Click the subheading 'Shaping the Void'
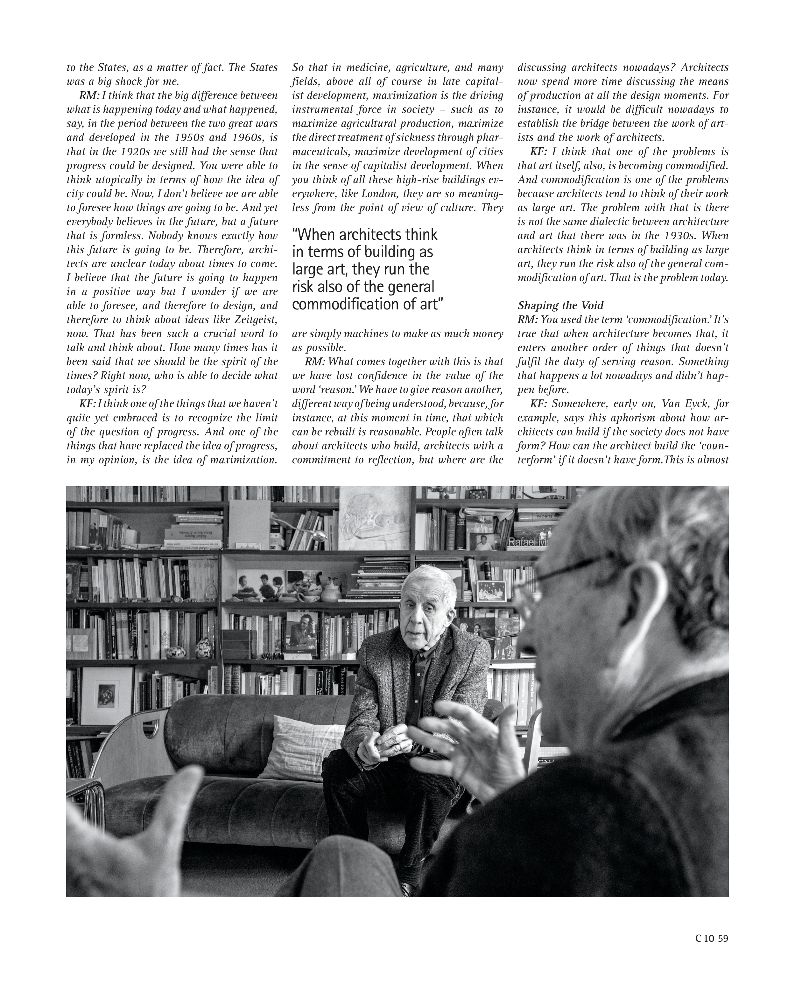[x=560, y=305]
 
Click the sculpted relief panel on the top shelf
[x=375, y=518]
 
